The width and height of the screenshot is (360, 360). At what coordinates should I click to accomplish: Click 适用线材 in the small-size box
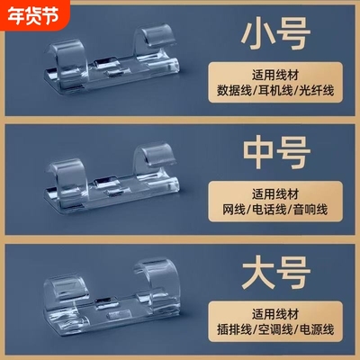[275, 75]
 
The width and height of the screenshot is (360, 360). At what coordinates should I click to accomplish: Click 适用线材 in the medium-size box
[275, 193]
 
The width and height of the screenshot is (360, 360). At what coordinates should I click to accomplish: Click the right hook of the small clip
[158, 40]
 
